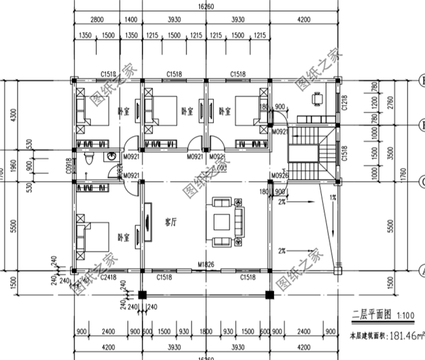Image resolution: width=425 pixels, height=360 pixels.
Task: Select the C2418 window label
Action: pos(109,278)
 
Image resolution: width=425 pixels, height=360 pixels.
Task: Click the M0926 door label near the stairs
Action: pos(280,175)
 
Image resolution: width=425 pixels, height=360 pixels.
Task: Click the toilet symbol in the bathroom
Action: pos(91,159)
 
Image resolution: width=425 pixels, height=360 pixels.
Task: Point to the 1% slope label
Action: pos(333,197)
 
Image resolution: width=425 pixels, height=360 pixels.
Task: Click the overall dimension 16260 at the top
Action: pos(207,8)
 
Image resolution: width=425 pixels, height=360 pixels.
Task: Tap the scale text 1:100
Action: pos(405,316)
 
